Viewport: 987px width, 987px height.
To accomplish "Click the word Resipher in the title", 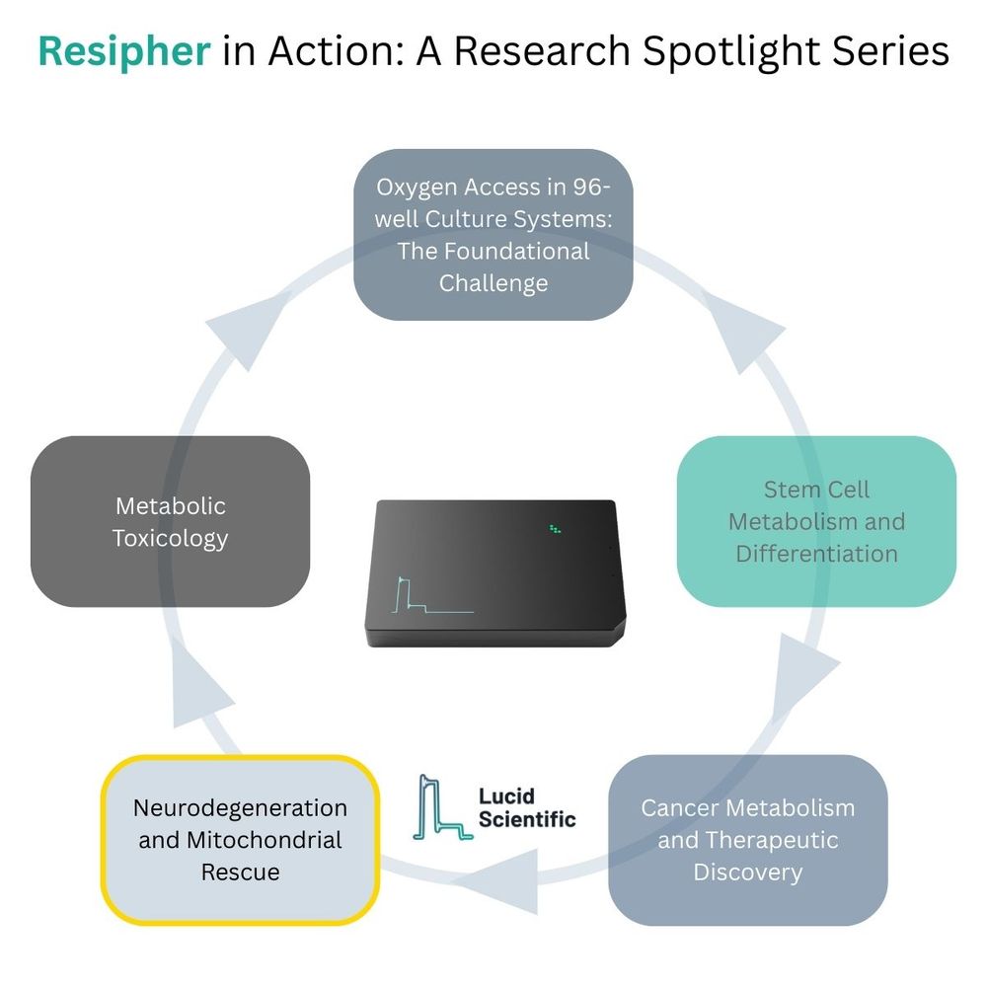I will [x=124, y=51].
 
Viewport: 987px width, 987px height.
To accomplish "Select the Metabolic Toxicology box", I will [x=170, y=521].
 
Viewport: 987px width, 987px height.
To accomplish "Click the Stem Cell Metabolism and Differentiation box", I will [x=816, y=521].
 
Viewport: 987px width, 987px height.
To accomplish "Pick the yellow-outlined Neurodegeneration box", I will [x=240, y=840].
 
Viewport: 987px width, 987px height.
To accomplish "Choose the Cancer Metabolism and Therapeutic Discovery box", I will [x=747, y=840].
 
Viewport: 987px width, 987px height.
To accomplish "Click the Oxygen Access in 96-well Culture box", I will [x=493, y=235].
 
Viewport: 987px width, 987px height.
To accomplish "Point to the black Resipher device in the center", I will [x=493, y=572].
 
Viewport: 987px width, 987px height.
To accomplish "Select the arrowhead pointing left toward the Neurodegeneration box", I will [x=508, y=869].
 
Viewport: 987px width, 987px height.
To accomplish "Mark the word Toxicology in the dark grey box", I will [x=170, y=538].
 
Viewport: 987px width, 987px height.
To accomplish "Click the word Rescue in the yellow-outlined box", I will [x=240, y=872].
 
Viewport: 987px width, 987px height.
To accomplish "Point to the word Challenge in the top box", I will [x=493, y=283].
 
